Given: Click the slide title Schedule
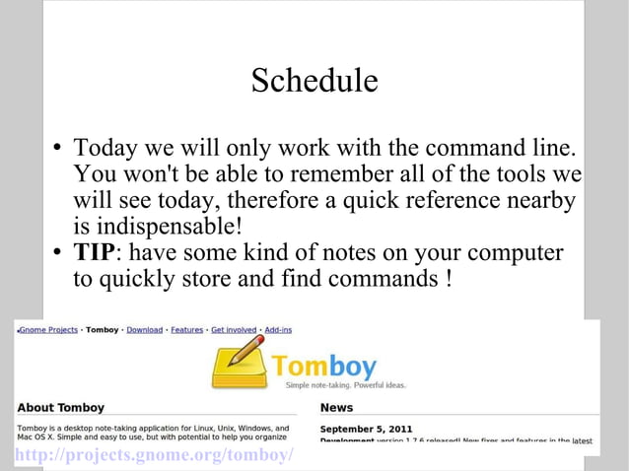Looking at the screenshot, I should (314, 81).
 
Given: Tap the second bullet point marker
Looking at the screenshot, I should (59, 252).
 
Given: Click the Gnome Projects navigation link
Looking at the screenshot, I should (48, 330).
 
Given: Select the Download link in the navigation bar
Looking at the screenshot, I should (144, 330).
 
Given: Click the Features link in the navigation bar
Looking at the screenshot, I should (187, 330).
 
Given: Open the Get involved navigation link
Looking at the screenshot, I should (234, 330).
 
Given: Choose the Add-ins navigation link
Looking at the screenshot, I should (278, 330).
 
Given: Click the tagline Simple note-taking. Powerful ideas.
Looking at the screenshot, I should (344, 385).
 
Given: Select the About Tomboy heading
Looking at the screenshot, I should (60, 407).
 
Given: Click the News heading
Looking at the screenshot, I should (336, 407).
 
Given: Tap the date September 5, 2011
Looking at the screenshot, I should (364, 429).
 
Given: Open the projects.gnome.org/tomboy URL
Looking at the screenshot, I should (154, 454).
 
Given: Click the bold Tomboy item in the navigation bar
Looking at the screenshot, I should (102, 330).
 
